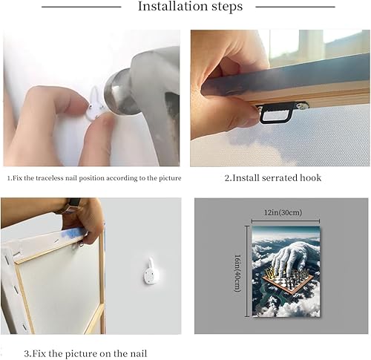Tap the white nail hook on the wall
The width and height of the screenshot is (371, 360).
click(151, 271)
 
